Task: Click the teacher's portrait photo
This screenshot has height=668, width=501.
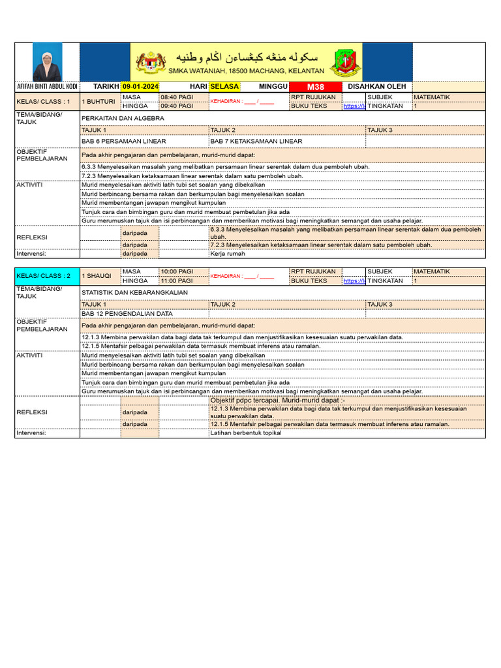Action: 48,62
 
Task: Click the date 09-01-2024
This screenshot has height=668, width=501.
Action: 141,87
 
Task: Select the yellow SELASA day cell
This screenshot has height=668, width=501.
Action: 224,87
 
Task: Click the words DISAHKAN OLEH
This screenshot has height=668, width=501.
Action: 377,87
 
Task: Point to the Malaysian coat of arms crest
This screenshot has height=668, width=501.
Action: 151,62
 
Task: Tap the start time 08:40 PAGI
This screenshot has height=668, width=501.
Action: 177,97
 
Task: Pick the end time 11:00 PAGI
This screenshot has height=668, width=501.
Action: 177,281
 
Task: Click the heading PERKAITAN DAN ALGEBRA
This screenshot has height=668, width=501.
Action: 123,119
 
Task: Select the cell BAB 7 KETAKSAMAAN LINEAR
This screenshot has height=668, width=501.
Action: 256,141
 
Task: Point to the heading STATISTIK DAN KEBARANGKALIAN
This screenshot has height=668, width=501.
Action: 134,293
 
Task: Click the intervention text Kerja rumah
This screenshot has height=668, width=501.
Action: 227,254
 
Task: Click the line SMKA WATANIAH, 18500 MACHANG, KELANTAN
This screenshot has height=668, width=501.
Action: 246,70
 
